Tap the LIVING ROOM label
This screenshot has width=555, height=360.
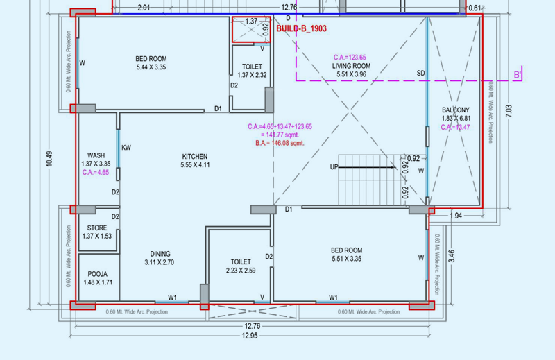(351, 66)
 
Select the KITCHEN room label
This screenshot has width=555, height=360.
(195, 156)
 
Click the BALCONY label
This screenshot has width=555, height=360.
(455, 110)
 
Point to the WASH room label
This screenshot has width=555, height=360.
(96, 155)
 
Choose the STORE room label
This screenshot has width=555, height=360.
(96, 228)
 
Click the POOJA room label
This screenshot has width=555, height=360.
(96, 274)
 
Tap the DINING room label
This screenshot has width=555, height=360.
(159, 254)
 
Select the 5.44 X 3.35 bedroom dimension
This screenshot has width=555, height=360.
(151, 67)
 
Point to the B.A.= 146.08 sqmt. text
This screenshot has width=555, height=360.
(280, 143)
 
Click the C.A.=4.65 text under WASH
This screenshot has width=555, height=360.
(96, 172)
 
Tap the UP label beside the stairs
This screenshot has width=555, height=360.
(334, 167)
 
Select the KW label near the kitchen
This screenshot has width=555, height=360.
(126, 147)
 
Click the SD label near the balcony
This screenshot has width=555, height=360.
(420, 72)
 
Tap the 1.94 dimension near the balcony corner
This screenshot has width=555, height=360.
(456, 216)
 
